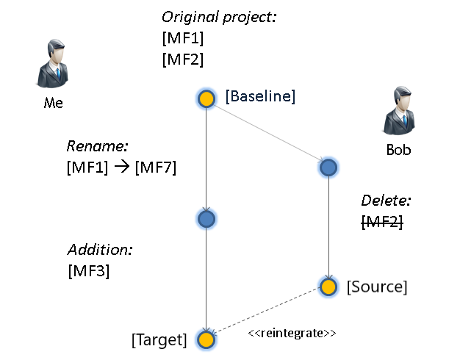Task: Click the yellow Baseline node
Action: click(206, 98)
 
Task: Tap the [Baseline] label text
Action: click(260, 96)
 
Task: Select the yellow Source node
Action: click(328, 286)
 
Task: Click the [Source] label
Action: click(376, 286)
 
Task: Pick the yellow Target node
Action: click(206, 339)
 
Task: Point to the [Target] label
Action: click(159, 339)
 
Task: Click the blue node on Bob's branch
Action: click(328, 168)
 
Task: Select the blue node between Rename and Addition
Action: click(206, 218)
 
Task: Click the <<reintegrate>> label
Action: click(292, 333)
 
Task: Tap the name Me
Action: click(54, 103)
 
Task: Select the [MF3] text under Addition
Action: click(88, 270)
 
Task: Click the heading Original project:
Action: click(219, 17)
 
